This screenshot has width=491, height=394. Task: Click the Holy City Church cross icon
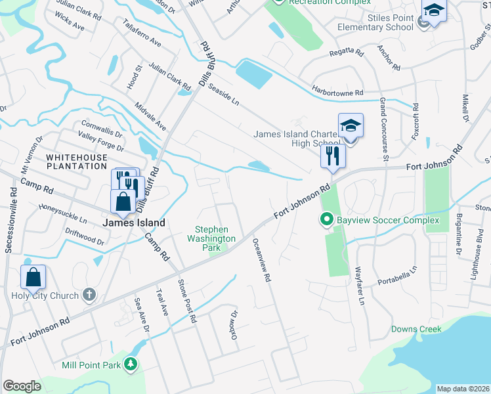tap(90, 295)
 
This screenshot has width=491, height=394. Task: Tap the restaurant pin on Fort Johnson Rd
tap(332, 156)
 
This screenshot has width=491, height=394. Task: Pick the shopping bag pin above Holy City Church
tap(33, 277)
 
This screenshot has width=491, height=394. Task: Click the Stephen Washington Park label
tap(211, 238)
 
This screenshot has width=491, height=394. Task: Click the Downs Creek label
tap(416, 329)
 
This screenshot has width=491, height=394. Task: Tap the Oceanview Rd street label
tap(261, 259)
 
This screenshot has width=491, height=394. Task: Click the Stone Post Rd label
tap(188, 301)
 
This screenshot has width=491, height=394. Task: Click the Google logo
tap(22, 386)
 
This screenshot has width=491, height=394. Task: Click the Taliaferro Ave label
tap(142, 32)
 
